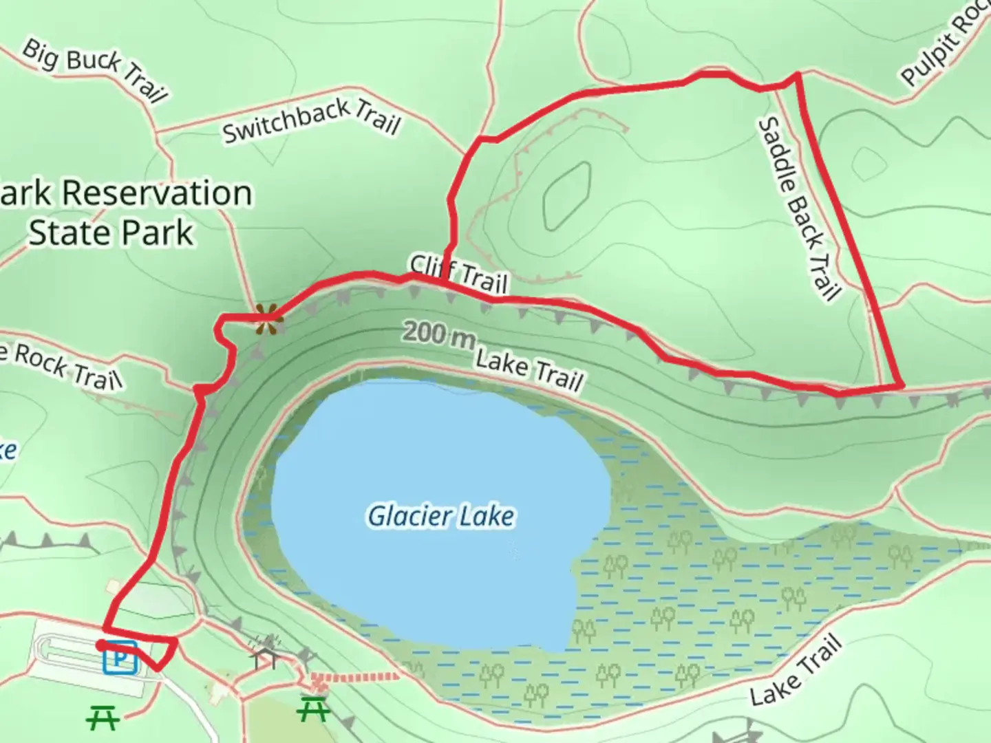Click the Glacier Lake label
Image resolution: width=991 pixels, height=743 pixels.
pos(441,516)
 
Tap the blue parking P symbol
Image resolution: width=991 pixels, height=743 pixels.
pos(121,659)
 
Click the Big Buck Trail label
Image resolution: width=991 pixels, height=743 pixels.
pos(95,70)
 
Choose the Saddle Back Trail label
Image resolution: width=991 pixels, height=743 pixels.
pos(800,208)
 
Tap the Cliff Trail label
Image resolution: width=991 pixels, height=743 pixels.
pos(459,273)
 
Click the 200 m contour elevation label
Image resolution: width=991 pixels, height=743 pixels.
pos(438,335)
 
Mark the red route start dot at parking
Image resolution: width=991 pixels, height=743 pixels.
pos(101,645)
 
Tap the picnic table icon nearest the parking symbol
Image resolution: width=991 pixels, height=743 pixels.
pos(103,718)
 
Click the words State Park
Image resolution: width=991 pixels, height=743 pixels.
pos(111,233)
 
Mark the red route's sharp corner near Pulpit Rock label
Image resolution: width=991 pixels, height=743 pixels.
pos(797,74)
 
